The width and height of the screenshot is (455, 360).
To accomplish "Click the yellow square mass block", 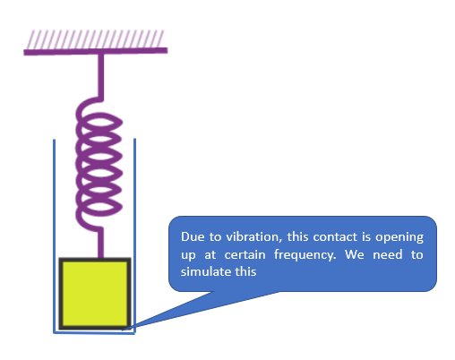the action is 95,294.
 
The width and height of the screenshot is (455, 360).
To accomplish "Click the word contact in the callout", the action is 335,237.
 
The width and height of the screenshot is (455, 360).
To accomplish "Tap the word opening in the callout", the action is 399,237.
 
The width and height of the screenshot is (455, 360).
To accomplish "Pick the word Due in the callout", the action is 193,236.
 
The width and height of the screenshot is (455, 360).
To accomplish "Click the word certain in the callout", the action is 245,255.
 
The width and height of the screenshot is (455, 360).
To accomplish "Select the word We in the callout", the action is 355,254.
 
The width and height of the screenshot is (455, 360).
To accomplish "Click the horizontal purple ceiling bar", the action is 96,51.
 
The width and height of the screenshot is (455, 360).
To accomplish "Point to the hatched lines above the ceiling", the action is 95,39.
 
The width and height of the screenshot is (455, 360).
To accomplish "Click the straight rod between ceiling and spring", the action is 101,77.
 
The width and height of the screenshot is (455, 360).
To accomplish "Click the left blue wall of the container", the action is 54,236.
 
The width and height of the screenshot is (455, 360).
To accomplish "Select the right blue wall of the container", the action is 135,236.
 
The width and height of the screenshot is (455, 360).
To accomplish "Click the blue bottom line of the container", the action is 94,333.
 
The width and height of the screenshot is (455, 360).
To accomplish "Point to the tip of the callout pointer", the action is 123,330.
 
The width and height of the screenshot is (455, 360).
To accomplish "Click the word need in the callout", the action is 388,254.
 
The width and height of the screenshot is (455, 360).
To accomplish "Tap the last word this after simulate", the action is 245,272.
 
